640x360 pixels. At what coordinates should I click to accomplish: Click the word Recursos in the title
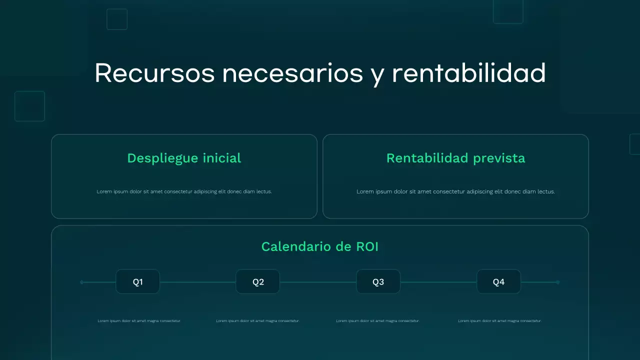click(154, 73)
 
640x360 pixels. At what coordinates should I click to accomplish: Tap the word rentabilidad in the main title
click(468, 73)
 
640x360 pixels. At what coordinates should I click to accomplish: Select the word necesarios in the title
click(292, 73)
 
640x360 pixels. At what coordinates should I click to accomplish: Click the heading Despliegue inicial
click(184, 158)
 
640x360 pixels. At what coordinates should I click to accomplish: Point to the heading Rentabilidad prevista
click(455, 158)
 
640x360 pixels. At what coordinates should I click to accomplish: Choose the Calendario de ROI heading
click(320, 246)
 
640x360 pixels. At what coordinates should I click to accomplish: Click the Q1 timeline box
click(137, 282)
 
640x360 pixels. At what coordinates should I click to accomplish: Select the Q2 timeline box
click(258, 282)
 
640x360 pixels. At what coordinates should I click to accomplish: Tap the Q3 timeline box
click(378, 282)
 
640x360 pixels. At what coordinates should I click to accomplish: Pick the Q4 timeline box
click(498, 282)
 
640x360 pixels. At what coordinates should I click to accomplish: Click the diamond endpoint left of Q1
click(82, 282)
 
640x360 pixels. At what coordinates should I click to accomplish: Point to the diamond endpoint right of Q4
click(558, 282)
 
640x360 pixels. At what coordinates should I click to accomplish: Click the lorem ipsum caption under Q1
click(139, 321)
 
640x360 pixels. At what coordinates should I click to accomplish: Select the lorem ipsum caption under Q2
click(257, 321)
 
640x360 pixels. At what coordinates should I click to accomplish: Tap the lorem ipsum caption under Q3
click(377, 321)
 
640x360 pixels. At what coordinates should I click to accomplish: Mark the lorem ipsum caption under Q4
click(499, 321)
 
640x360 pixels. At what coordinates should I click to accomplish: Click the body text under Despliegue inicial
click(184, 191)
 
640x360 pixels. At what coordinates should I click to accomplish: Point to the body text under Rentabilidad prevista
click(455, 191)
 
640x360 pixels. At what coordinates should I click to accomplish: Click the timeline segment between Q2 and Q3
click(318, 282)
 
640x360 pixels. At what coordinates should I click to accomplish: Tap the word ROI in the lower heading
click(367, 246)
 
